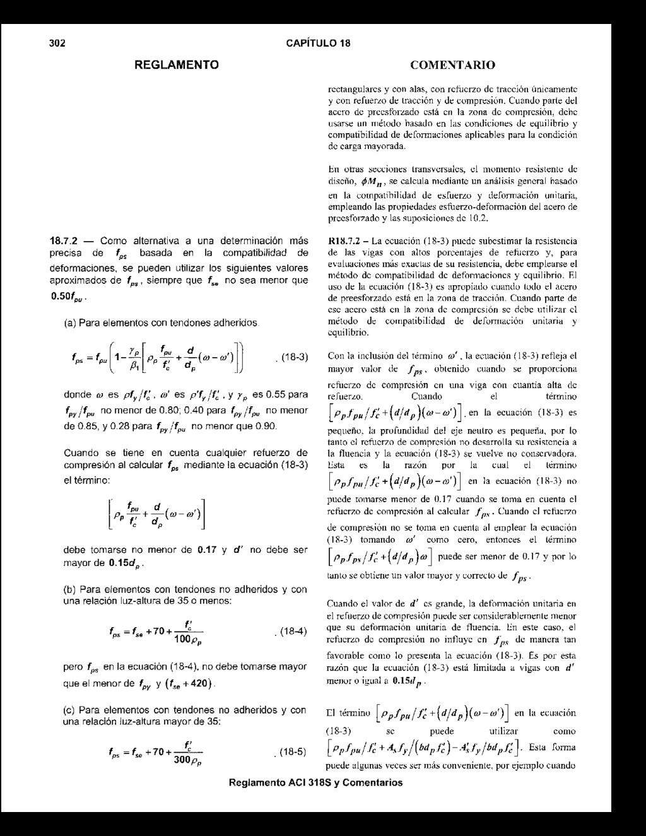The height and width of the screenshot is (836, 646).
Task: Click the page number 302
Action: pos(57,44)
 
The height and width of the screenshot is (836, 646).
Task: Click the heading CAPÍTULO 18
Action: pos(318,44)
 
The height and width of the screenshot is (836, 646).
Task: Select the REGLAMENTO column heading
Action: pos(177,64)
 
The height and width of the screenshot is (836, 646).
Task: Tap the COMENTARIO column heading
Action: pos(452,65)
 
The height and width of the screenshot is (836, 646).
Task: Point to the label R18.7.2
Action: pos(345,240)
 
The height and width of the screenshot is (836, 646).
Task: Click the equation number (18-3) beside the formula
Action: pos(291,358)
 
